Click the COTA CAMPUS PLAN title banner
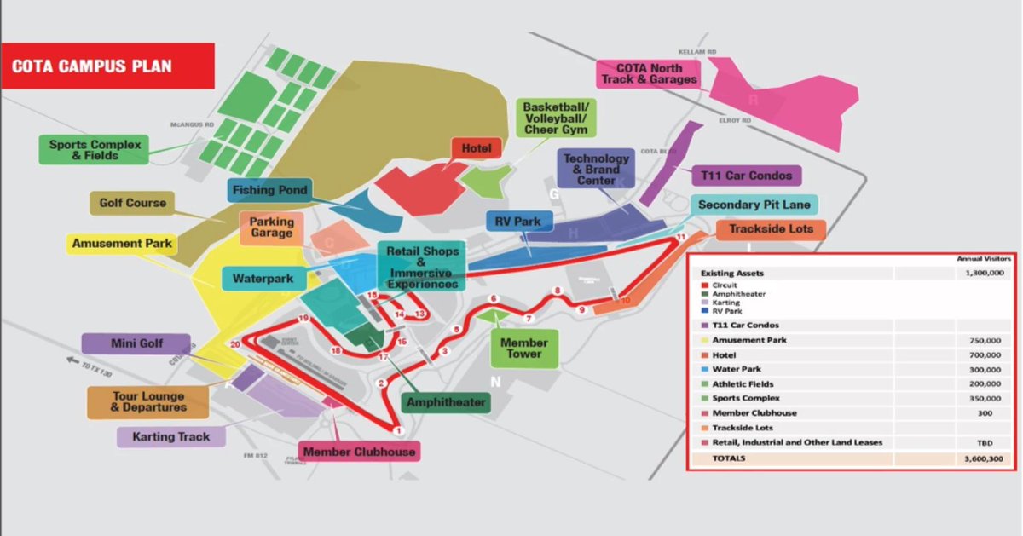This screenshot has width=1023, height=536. (107, 66)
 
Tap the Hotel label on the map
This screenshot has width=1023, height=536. (477, 148)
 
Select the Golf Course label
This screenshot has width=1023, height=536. (132, 204)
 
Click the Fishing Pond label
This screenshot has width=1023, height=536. (269, 190)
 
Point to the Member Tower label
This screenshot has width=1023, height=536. (524, 349)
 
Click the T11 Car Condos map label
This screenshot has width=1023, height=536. (746, 176)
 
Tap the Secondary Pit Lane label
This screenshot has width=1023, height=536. (754, 205)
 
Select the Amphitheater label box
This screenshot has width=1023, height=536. (446, 402)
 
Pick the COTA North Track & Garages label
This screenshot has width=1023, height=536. (650, 73)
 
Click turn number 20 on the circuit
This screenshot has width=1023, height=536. (235, 344)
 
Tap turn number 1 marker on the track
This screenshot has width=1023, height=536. (398, 431)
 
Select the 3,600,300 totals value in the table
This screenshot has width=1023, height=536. (983, 458)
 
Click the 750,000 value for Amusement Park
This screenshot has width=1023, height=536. (985, 340)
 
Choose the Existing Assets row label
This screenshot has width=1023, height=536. (732, 274)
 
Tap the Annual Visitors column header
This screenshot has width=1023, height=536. (983, 258)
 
